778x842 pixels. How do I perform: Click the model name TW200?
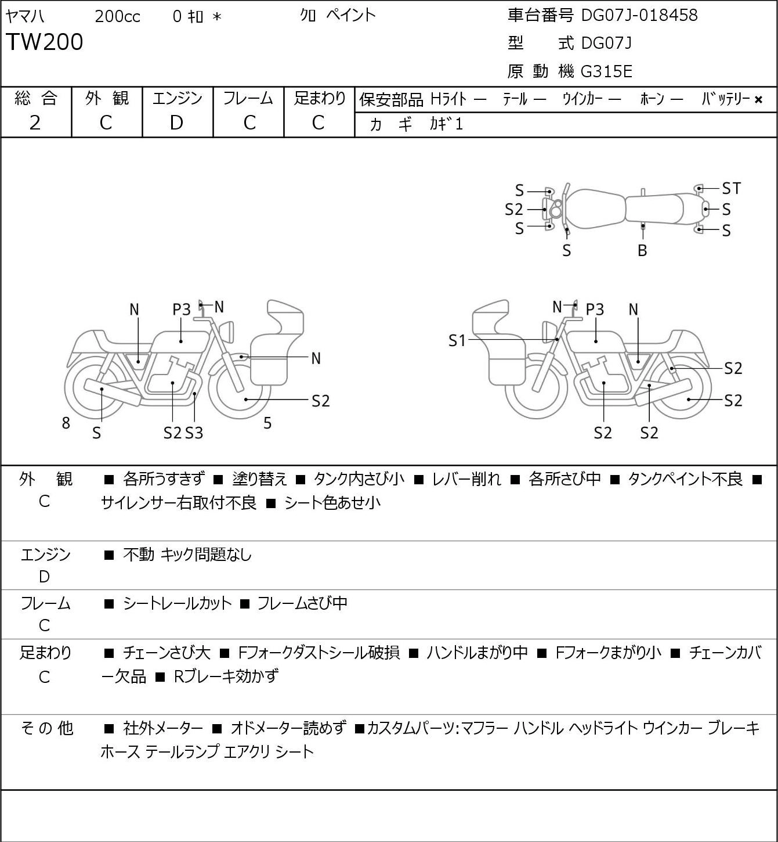[45, 42]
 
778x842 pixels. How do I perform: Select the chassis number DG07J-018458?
[639, 15]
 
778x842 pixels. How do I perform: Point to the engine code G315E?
[606, 71]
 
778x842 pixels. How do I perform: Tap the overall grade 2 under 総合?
[35, 123]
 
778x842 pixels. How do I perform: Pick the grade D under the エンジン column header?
[177, 123]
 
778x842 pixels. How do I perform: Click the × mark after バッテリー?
[758, 100]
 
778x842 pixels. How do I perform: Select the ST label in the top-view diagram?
[732, 188]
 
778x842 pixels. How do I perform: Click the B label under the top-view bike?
[642, 250]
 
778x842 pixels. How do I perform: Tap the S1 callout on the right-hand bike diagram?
[457, 340]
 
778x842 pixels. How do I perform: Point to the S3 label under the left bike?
[194, 433]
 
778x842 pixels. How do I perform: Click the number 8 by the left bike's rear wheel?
[66, 423]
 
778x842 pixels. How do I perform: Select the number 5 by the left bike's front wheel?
[267, 423]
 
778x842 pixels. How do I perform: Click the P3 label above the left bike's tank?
[182, 310]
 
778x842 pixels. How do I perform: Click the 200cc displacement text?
[117, 16]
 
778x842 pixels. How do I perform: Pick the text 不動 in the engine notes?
[139, 555]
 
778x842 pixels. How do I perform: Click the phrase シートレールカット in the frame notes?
[178, 603]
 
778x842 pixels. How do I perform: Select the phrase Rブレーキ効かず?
[226, 677]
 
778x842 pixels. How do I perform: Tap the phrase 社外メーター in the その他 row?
[163, 728]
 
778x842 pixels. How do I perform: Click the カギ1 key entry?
[446, 124]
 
